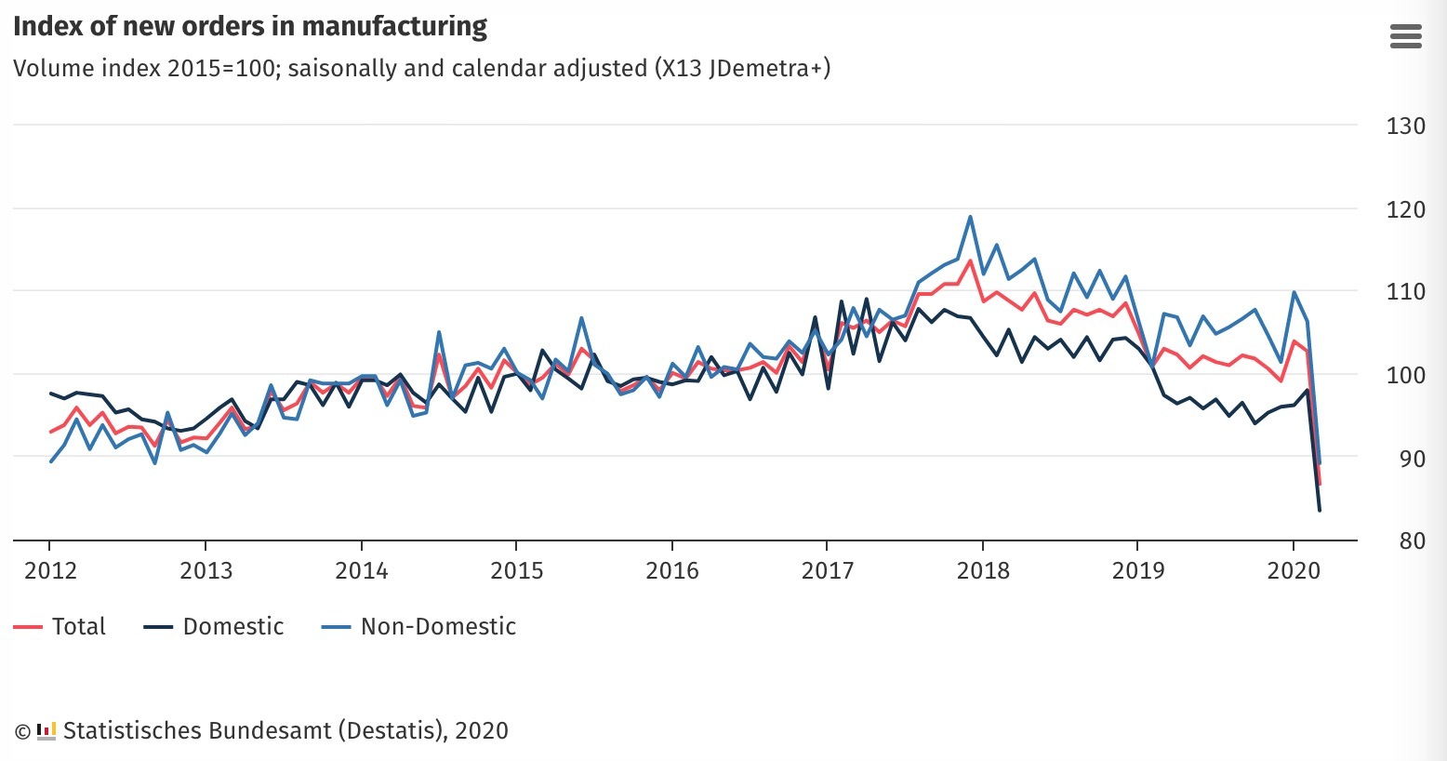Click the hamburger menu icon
click(x=1405, y=36)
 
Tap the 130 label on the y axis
click(x=1405, y=127)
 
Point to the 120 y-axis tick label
click(x=1405, y=210)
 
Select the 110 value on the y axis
click(x=1405, y=292)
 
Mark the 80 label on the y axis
click(x=1412, y=541)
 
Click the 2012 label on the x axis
click(x=50, y=570)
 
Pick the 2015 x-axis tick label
click(x=516, y=570)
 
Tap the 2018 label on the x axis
click(x=983, y=570)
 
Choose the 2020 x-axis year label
click(x=1294, y=570)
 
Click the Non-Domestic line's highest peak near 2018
click(x=970, y=217)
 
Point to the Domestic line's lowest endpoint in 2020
click(x=1319, y=510)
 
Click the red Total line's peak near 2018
click(x=970, y=260)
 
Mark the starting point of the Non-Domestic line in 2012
click(x=50, y=461)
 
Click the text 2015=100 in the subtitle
click(x=215, y=69)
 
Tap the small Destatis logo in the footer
click(x=46, y=731)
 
